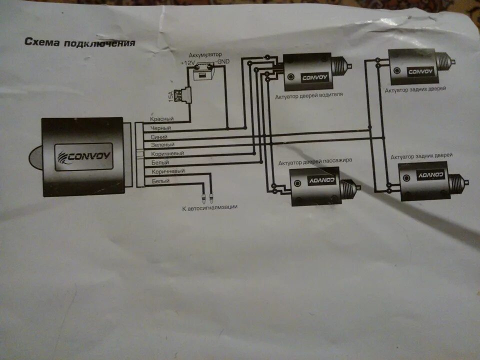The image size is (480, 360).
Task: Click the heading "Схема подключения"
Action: pyautogui.click(x=79, y=42)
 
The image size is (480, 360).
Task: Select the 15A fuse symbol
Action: pyautogui.click(x=187, y=94)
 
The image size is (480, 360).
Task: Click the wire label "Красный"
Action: pyautogui.click(x=161, y=119)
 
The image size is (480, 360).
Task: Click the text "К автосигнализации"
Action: pyautogui.click(x=209, y=206)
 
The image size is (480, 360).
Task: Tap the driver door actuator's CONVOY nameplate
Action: pyautogui.click(x=314, y=77)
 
